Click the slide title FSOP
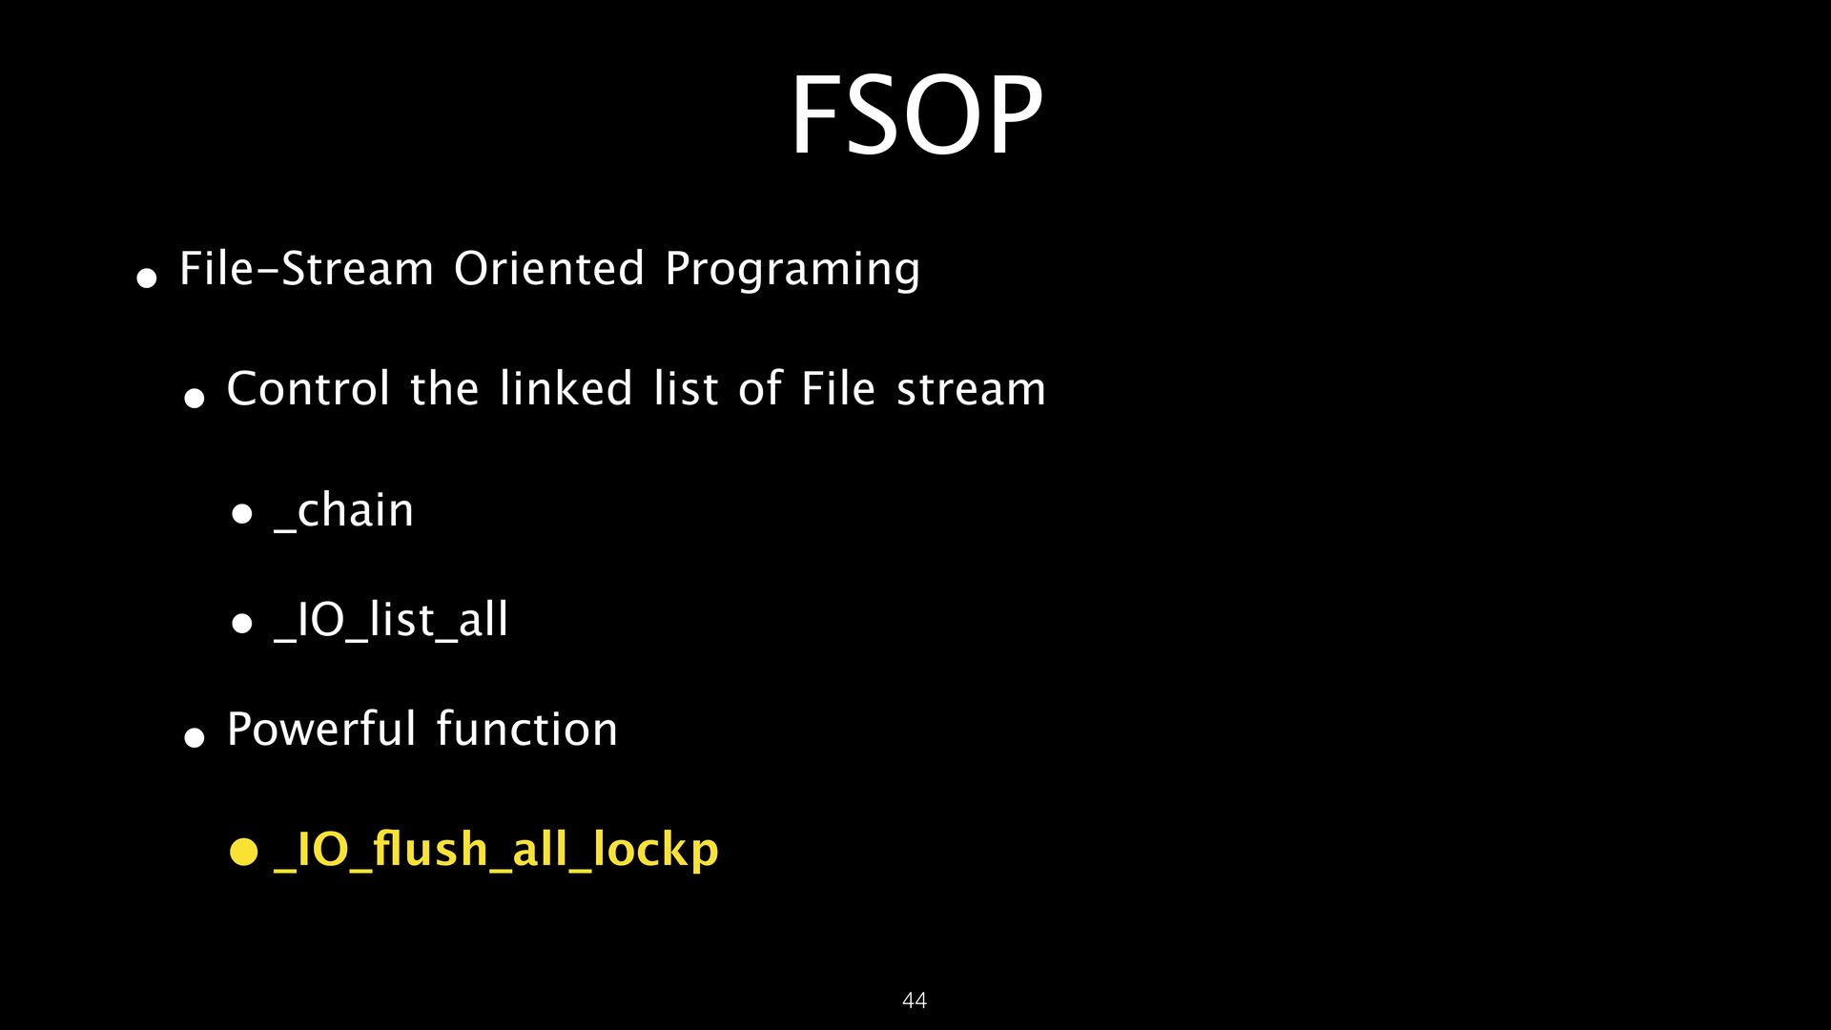point(916,115)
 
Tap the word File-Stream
point(306,268)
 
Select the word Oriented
point(549,268)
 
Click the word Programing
point(792,271)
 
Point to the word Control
point(308,388)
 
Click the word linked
point(566,388)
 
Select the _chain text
point(343,511)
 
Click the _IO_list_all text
point(391,621)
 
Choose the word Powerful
point(321,730)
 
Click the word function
point(527,730)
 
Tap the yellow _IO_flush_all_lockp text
point(496,850)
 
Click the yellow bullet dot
point(244,852)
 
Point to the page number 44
point(915,999)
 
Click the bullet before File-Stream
point(146,278)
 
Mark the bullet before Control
point(195,398)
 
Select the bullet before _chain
point(242,515)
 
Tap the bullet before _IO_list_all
point(242,625)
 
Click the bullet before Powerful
point(195,737)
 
